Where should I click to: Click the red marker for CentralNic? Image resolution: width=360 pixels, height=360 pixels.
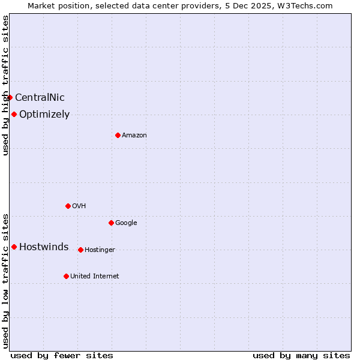click(10, 97)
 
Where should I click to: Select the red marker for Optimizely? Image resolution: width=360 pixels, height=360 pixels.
click(14, 114)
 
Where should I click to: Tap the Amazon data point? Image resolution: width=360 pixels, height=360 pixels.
click(118, 135)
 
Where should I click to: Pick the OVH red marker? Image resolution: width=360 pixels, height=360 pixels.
click(68, 206)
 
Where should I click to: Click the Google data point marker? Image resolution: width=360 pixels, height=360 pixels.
click(111, 223)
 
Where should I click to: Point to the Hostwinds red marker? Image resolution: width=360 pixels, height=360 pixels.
click(14, 247)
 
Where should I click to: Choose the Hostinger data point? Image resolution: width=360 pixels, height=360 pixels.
click(80, 250)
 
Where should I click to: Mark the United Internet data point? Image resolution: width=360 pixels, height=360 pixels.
click(66, 276)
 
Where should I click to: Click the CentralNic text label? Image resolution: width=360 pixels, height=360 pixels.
click(40, 97)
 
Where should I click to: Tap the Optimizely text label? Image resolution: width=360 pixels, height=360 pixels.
click(44, 114)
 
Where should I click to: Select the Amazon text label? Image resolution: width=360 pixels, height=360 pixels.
click(134, 135)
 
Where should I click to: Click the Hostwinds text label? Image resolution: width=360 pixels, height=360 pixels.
click(44, 247)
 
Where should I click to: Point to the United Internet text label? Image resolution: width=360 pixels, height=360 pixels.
click(95, 276)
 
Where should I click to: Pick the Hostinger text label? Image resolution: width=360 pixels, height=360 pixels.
click(100, 250)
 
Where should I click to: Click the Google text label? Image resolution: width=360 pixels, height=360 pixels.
click(126, 223)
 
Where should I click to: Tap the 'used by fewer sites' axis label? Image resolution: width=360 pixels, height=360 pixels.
click(62, 355)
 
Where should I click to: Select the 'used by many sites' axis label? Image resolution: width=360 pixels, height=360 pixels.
click(301, 355)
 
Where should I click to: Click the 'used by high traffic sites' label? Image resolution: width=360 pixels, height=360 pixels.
click(5, 85)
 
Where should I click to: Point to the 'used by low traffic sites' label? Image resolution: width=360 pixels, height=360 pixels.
click(5, 280)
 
